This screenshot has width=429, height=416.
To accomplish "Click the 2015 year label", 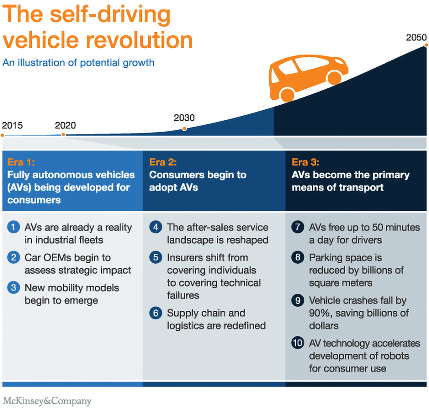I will [12, 125].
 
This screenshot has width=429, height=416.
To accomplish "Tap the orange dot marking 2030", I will [184, 129].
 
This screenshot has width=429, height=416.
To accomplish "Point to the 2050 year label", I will [416, 37].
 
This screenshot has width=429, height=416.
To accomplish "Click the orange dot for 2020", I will [63, 135].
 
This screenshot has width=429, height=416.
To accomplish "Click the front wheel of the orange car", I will [334, 78].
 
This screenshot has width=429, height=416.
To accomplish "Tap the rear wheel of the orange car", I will [287, 95].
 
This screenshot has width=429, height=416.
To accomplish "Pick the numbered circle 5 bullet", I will [155, 258].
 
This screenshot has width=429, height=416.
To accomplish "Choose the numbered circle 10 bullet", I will [297, 344].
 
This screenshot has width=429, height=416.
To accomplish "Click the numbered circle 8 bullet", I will [297, 258].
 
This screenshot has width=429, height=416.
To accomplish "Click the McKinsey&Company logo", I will [47, 401].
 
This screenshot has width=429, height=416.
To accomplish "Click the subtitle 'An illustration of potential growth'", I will [78, 63].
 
